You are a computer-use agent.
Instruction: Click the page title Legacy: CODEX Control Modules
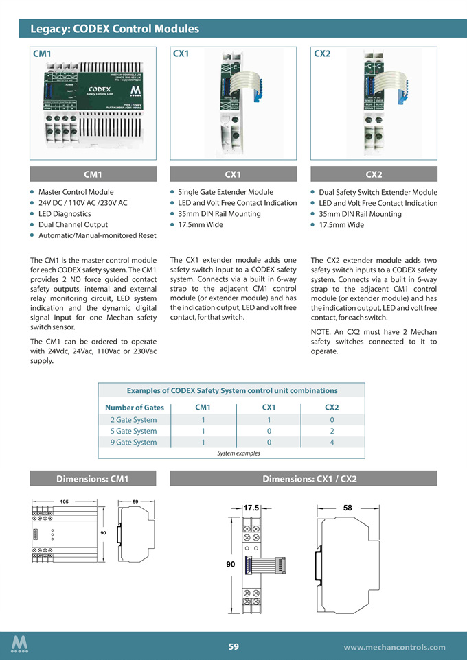[x=115, y=29]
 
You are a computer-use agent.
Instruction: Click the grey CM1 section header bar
[x=93, y=174]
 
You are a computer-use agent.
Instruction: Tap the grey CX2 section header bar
[x=374, y=174]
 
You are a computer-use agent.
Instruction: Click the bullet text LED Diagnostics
[x=65, y=214]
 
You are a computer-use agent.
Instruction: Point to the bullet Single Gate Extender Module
[x=225, y=192]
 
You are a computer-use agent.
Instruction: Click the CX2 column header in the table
[x=332, y=408]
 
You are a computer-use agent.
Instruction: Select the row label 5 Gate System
[x=133, y=431]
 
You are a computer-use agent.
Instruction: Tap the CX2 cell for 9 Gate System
[x=332, y=443]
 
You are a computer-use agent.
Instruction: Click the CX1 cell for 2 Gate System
[x=269, y=419]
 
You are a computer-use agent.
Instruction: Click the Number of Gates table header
[x=135, y=408]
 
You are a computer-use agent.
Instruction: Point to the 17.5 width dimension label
[x=251, y=508]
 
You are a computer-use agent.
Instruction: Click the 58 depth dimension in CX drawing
[x=348, y=508]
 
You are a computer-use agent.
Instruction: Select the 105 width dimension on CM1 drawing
[x=64, y=502]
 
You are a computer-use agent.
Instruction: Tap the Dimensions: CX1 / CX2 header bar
[x=303, y=479]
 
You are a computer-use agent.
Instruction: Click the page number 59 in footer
[x=233, y=646]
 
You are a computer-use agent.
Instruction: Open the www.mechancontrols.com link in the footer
[x=394, y=647]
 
